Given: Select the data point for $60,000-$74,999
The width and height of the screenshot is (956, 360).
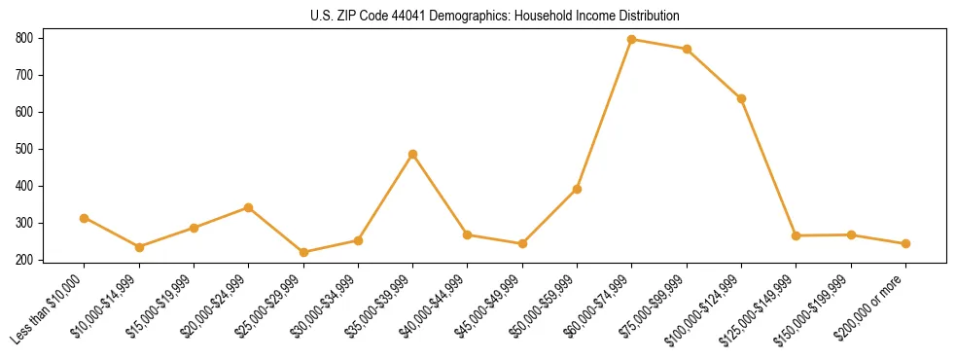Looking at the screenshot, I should (x=632, y=40).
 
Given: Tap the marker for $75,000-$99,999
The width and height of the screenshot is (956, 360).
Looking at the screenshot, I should (x=687, y=49).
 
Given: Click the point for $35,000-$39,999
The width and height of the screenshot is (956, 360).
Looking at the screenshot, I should (x=413, y=154).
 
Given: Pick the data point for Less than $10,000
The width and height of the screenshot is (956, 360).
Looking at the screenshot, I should (x=85, y=218).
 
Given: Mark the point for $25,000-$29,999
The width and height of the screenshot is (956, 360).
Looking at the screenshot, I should (x=303, y=252).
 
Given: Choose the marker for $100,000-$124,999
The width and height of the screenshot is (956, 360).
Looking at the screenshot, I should (x=741, y=98).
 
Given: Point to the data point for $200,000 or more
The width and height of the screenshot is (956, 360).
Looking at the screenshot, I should (x=905, y=243).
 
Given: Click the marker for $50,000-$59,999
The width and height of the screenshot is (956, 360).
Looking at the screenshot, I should (x=577, y=189).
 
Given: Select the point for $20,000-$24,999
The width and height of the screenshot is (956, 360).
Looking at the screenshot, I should (x=249, y=207).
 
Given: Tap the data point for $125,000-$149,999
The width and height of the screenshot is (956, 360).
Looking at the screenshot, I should (x=797, y=235).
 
